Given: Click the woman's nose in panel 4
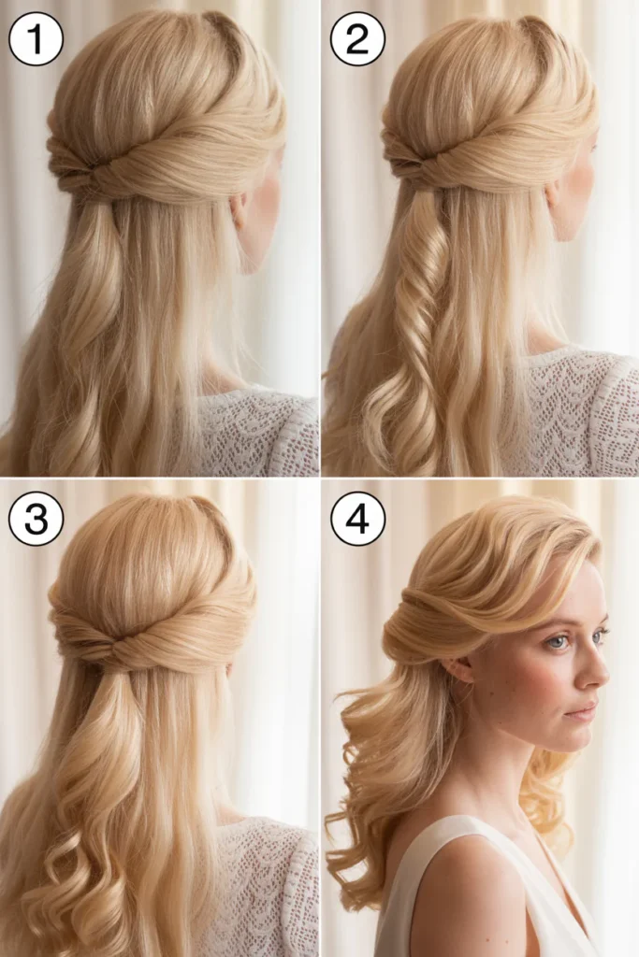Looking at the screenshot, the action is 596,671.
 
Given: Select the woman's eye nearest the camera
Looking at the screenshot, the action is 558,641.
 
